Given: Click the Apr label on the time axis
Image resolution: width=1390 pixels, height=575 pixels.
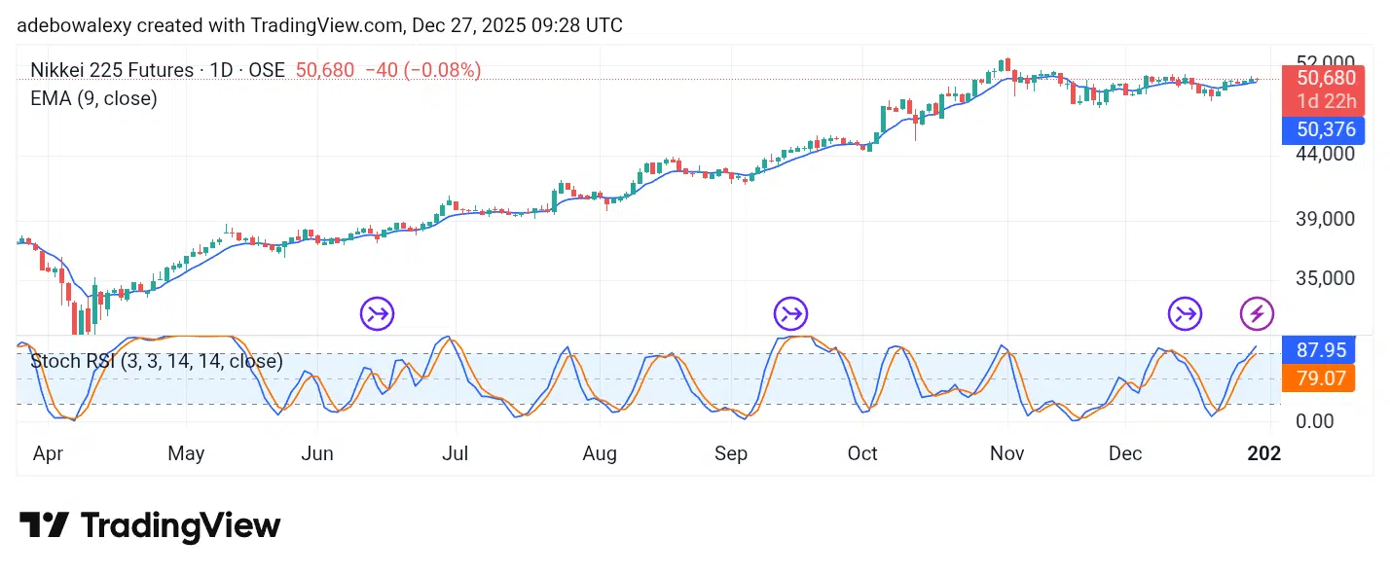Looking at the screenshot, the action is [x=48, y=453].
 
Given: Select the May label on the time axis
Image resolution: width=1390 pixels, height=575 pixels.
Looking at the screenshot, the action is [x=186, y=453].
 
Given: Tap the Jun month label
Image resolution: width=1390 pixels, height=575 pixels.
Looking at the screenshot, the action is [x=317, y=453].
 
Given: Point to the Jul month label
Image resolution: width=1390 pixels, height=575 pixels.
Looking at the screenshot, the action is [x=455, y=453].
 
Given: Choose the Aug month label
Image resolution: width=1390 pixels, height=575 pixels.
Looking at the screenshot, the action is [x=600, y=453].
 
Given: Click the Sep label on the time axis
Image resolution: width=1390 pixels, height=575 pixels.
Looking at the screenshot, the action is [x=731, y=453].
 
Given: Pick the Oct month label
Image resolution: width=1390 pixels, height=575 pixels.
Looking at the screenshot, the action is [x=862, y=453].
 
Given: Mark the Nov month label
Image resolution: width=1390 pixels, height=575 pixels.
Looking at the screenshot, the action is [x=1007, y=453].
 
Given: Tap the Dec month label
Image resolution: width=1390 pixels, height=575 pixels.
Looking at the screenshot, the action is [x=1125, y=453].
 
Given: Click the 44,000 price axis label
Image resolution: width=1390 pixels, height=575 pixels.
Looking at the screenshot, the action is [x=1326, y=153].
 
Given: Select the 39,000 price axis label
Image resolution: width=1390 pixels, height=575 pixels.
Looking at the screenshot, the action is [x=1326, y=219].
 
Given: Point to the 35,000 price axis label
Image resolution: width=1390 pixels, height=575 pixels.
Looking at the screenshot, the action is [x=1326, y=278].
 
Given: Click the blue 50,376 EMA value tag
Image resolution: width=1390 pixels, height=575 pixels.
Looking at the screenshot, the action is [x=1324, y=129].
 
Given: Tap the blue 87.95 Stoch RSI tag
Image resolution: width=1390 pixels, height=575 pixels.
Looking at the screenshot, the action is [x=1319, y=350].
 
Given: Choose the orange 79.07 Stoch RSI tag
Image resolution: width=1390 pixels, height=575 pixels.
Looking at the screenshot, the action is [x=1319, y=377].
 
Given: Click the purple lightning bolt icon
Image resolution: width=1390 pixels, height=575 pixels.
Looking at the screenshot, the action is [x=1258, y=314].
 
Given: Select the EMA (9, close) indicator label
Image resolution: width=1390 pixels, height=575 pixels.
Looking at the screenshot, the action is [x=93, y=98].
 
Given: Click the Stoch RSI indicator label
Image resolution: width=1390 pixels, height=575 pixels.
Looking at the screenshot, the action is [x=157, y=361].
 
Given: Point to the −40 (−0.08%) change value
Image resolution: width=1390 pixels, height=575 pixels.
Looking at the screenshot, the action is [x=423, y=70].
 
